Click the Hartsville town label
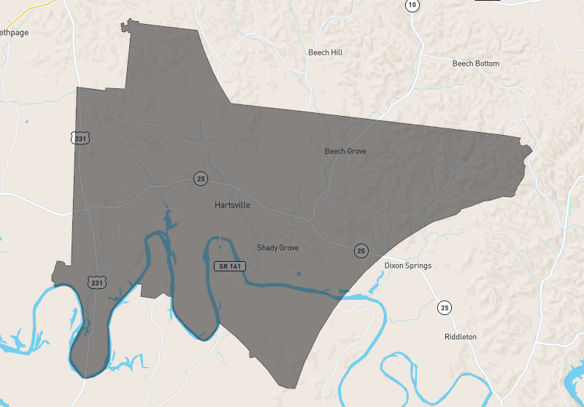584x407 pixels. (x=232, y=205)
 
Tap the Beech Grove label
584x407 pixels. (x=345, y=151)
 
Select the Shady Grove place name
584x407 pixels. (x=277, y=248)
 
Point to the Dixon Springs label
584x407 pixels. (x=407, y=265)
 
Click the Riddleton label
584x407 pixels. (x=460, y=337)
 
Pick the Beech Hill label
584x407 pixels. (x=325, y=53)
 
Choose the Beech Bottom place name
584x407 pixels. (x=475, y=63)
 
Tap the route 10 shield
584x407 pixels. (x=413, y=5)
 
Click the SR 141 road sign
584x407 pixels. (x=229, y=266)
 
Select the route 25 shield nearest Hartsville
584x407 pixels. (x=200, y=178)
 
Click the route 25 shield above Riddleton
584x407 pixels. (x=445, y=308)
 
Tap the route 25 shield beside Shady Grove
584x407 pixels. (x=361, y=251)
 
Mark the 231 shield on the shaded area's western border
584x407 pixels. (x=81, y=137)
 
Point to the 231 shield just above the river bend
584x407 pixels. (x=95, y=282)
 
